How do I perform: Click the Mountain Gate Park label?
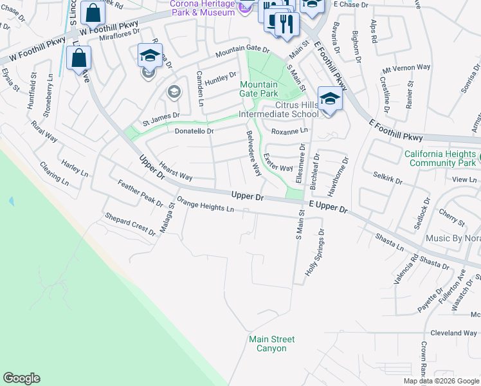[259, 89]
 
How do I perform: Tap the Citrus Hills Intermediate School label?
[278, 109]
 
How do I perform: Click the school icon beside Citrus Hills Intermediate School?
[330, 99]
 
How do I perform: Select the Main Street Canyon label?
[272, 344]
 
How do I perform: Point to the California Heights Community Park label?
[440, 158]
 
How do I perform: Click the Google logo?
[21, 378]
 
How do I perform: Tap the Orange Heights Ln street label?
[206, 205]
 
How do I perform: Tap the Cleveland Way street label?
[453, 333]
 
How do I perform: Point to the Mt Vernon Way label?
[406, 68]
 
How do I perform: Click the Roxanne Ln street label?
[289, 131]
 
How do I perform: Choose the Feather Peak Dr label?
[140, 194]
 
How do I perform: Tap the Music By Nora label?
[453, 239]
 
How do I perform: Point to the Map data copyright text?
[440, 381]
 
